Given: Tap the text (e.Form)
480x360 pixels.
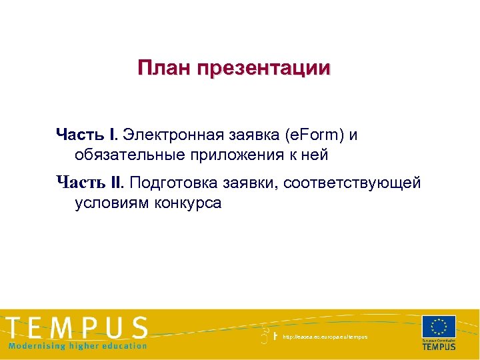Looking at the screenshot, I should tap(315, 135).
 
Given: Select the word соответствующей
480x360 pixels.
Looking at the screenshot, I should tap(353, 183).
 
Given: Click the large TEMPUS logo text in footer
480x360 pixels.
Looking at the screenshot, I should tap(78, 329).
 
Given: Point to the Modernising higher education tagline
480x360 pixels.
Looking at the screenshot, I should tap(77, 346).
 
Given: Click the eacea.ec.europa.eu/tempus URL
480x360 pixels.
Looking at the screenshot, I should tap(325, 337).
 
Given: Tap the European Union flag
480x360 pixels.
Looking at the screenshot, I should tap(439, 327).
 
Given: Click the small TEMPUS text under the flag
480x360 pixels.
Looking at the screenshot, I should tap(439, 347).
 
